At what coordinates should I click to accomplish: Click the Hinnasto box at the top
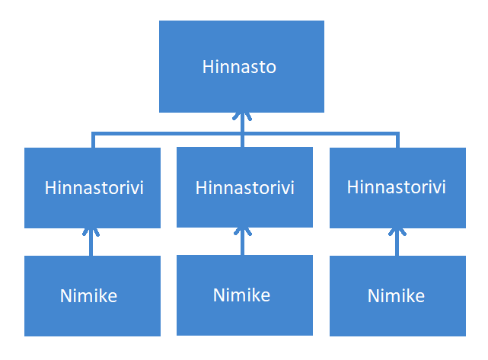pyautogui.click(x=241, y=66)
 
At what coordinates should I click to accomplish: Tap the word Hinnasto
pyautogui.click(x=239, y=67)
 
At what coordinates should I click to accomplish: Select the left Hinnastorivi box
pyautogui.click(x=92, y=188)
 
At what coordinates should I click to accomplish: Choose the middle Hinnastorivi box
pyautogui.click(x=244, y=187)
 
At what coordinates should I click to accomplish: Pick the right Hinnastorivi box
pyautogui.click(x=397, y=188)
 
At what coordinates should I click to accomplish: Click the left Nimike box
pyautogui.click(x=92, y=296)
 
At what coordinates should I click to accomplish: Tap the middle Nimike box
pyautogui.click(x=244, y=295)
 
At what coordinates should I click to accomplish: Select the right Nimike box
pyautogui.click(x=397, y=296)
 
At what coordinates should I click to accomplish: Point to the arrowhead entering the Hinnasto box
pyautogui.click(x=242, y=116)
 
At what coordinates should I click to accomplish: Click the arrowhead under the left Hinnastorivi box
pyautogui.click(x=91, y=232)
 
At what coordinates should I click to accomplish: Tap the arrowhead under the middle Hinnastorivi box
pyautogui.click(x=242, y=231)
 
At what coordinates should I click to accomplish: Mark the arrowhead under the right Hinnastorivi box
pyautogui.click(x=397, y=232)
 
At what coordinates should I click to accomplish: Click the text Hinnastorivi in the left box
pyautogui.click(x=94, y=188)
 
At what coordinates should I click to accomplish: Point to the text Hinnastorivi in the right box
pyautogui.click(x=396, y=187)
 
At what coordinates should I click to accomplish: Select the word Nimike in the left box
pyautogui.click(x=89, y=295)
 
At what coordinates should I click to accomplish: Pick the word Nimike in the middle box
pyautogui.click(x=241, y=295)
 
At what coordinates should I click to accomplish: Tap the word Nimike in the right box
pyautogui.click(x=396, y=295)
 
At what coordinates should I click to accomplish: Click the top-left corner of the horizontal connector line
pyautogui.click(x=93, y=134)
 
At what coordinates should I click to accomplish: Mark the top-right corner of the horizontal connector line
pyautogui.click(x=397, y=134)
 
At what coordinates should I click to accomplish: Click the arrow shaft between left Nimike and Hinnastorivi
pyautogui.click(x=91, y=243)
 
